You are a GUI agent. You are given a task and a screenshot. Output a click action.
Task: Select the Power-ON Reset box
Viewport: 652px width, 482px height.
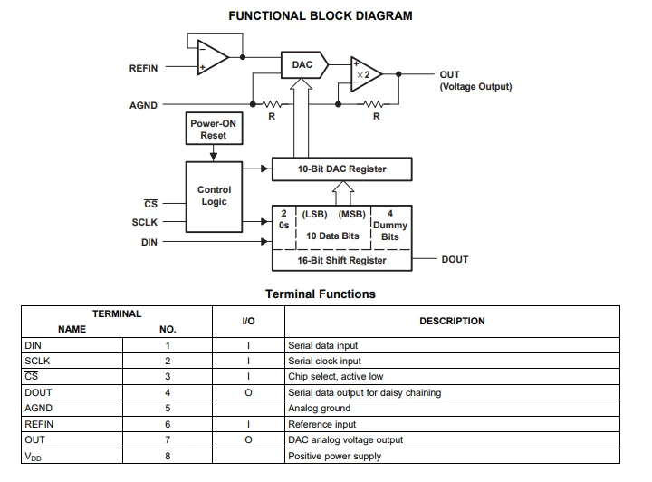point(214,129)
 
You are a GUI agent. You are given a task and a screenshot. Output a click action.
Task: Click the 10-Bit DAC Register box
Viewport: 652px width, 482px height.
point(341,169)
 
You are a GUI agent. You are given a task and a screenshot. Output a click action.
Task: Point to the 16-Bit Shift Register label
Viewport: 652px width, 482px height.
point(341,260)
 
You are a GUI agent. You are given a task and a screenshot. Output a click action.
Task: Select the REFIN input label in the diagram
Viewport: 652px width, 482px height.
point(143,68)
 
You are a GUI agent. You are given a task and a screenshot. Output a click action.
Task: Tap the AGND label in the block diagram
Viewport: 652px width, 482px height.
point(143,105)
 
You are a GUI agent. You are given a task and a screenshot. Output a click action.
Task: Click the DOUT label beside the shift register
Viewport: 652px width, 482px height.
point(455,259)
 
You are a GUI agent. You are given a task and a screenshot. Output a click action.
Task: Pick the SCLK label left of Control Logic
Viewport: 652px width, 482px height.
point(145,223)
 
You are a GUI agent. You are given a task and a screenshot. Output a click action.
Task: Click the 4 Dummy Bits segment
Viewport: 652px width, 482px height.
point(390,226)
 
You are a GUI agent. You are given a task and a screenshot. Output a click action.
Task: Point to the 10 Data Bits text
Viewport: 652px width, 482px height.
point(332,236)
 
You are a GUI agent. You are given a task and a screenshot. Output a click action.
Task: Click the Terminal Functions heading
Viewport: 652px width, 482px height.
point(321,294)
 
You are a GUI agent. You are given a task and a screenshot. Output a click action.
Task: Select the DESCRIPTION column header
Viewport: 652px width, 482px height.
point(452,321)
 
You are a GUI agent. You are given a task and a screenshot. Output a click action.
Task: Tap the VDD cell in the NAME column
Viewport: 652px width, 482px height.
point(34,457)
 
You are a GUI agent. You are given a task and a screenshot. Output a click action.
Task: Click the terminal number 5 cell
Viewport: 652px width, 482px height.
point(168,408)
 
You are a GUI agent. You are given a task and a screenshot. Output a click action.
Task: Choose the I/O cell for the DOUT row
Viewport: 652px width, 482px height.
point(248,392)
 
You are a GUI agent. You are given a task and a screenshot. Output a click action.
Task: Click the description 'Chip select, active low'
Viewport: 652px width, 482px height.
point(336,376)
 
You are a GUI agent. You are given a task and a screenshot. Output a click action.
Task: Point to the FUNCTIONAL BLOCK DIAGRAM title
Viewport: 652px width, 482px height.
point(321,15)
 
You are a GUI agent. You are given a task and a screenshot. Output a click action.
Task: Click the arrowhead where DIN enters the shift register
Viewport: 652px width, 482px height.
point(264,242)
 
